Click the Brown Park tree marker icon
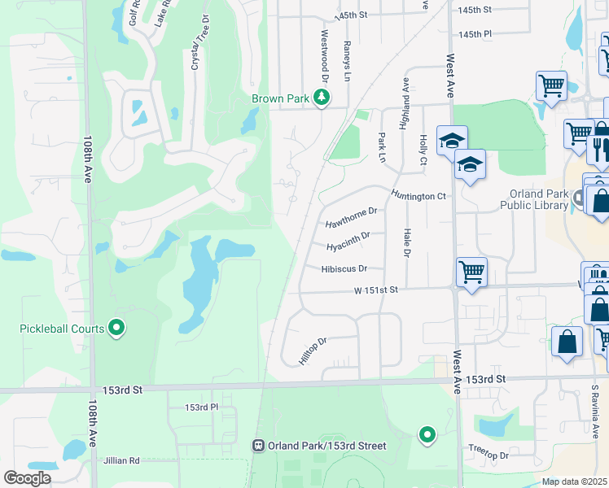pos(322,98)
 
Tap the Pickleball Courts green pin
pos(116,329)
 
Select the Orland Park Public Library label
pos(538,199)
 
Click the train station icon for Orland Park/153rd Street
pos(258,446)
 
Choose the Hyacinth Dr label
pos(348,241)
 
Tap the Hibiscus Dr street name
pos(344,268)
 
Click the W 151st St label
pos(375,290)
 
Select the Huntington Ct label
pos(418,194)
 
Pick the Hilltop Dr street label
pos(313,351)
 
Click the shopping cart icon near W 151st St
pos(471,271)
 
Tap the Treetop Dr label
pos(489,455)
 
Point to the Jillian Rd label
pos(122,460)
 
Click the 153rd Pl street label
pos(202,407)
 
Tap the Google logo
pos(27,478)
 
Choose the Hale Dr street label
pos(406,243)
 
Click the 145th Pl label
pos(475,35)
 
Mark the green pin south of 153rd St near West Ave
pos(427,436)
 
